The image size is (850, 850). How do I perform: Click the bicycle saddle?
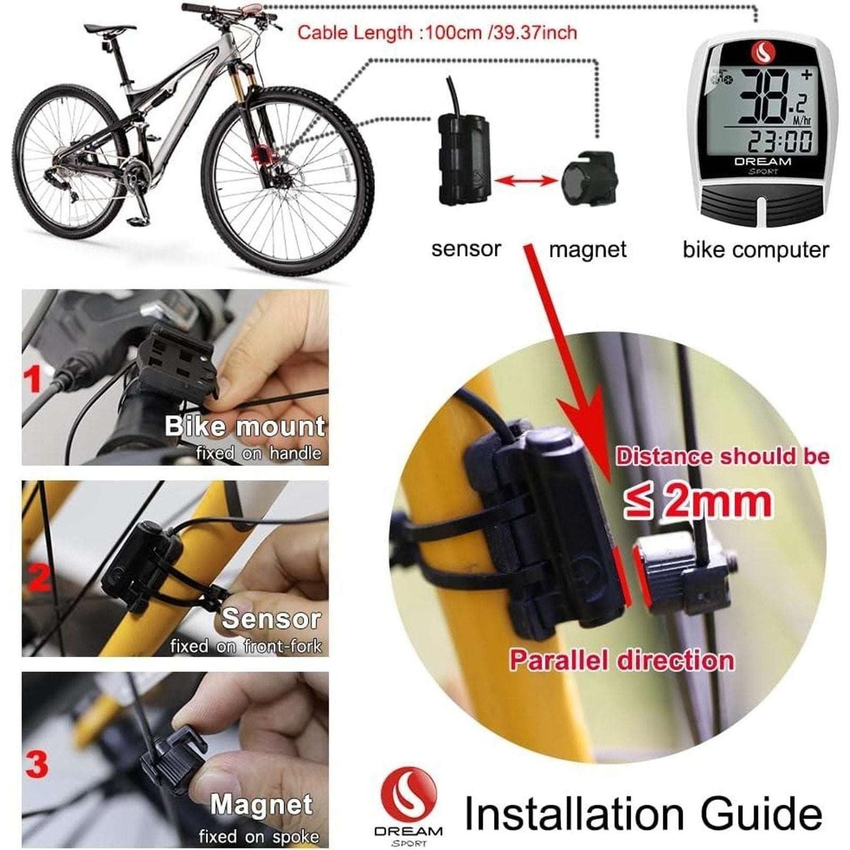pos(109,28)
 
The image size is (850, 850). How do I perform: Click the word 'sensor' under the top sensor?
pos(466,249)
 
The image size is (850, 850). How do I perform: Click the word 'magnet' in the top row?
pos(587,250)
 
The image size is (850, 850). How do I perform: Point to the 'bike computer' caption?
pos(755,250)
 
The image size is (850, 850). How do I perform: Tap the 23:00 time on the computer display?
pos(779,141)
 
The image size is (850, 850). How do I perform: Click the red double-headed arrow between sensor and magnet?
pos(525,181)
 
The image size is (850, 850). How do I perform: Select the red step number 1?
pos(34,379)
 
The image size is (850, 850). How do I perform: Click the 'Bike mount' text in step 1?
pos(245,426)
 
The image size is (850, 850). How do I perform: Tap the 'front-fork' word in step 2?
pos(283,646)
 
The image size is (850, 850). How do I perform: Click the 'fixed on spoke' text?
pos(259,836)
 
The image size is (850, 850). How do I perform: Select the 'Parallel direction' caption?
pos(622,660)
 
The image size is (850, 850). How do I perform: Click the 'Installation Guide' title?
pos(644,814)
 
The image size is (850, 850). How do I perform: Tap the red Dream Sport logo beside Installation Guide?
pos(408,792)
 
